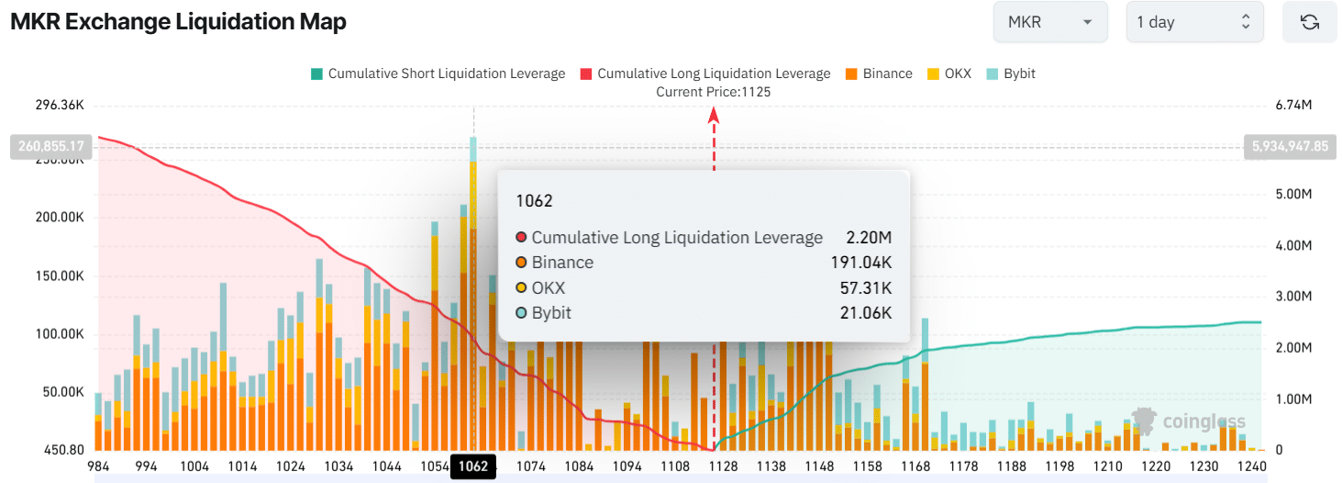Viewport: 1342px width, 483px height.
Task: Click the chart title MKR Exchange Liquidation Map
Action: point(178,22)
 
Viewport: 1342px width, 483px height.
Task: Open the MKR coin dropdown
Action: point(1049,22)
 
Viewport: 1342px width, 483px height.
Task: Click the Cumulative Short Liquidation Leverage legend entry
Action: point(438,73)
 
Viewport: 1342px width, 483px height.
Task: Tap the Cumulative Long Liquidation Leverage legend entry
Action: point(704,73)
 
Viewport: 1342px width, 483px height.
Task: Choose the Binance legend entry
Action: point(878,73)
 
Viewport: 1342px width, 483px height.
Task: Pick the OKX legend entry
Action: point(949,73)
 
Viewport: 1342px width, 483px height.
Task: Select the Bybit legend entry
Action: point(1011,73)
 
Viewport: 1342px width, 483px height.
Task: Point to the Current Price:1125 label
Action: point(714,92)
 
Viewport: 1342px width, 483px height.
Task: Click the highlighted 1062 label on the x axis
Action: point(473,466)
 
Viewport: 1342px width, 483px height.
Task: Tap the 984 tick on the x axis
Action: point(98,466)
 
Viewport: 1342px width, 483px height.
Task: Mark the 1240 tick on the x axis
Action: point(1251,466)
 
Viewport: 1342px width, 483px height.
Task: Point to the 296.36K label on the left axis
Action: point(59,107)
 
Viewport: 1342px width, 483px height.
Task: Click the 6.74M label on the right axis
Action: point(1294,107)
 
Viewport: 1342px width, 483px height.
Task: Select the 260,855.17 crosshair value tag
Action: point(50,146)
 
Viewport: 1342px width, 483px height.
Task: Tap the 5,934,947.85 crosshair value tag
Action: point(1290,146)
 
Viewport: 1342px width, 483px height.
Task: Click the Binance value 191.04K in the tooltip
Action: point(860,263)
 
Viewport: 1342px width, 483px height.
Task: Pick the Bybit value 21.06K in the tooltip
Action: point(865,313)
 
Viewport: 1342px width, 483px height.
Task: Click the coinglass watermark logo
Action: point(1189,421)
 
